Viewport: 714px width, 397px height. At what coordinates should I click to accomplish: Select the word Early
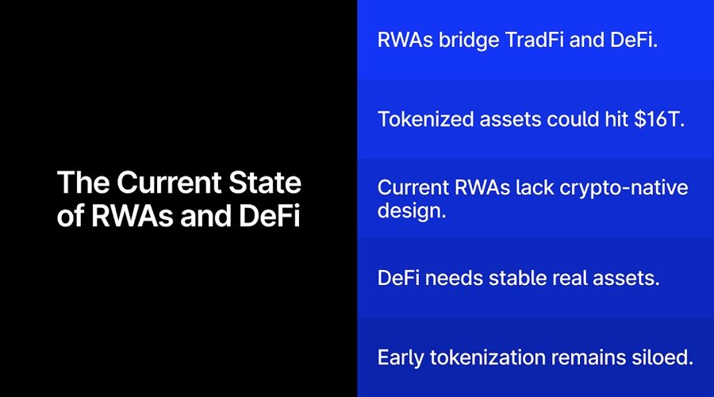point(401,358)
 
